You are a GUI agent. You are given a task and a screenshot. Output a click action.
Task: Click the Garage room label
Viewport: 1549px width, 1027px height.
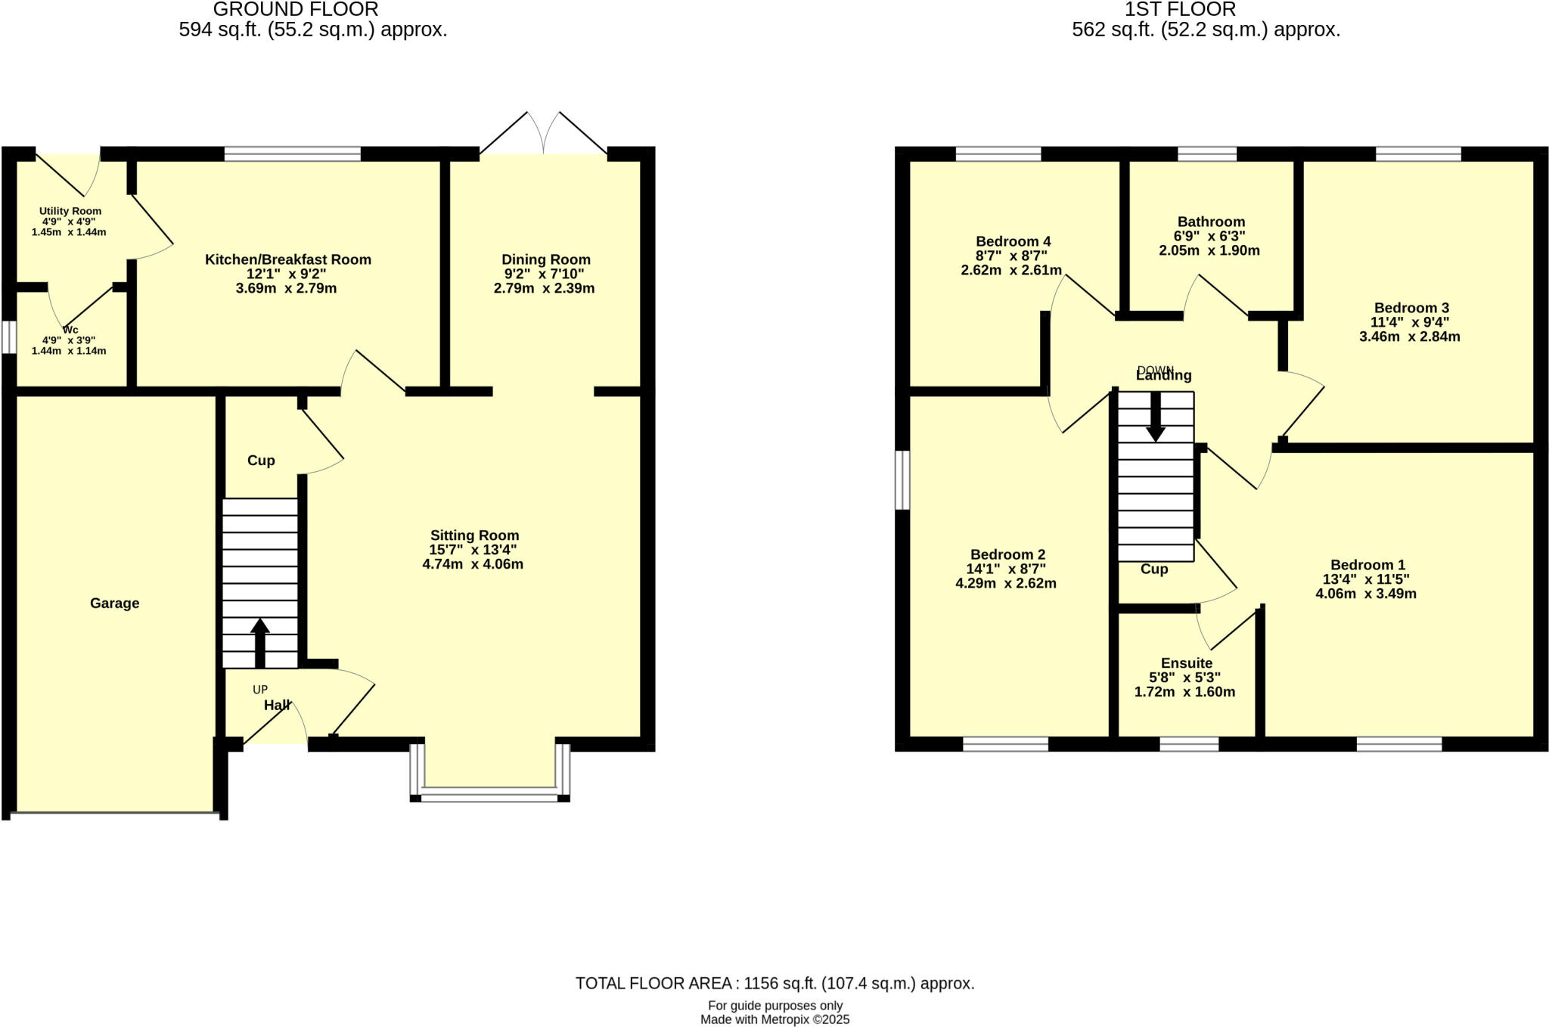114,603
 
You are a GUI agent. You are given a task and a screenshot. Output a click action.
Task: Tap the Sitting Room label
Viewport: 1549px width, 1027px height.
474,535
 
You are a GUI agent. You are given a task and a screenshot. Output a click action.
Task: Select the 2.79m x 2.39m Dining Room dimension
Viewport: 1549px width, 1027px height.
544,288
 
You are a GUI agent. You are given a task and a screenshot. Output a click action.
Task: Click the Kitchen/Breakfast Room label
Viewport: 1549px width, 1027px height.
287,259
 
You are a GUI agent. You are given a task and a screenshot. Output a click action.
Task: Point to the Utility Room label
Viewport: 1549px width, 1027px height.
70,211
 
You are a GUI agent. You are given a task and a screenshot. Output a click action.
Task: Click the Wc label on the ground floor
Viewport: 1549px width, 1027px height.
70,330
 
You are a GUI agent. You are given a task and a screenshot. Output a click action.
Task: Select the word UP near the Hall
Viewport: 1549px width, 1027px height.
259,690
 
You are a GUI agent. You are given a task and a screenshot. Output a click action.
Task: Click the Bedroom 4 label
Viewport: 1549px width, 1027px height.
1013,241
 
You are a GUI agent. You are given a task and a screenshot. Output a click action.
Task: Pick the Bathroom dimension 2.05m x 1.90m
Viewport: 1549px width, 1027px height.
1209,250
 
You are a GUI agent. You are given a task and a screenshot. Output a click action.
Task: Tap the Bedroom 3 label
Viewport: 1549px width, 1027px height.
1411,308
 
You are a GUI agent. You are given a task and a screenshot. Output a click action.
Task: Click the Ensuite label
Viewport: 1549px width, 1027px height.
1186,663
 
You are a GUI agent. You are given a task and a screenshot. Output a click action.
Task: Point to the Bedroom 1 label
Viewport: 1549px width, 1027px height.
1367,565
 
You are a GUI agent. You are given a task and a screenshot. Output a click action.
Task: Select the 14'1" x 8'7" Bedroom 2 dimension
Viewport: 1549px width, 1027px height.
1005,569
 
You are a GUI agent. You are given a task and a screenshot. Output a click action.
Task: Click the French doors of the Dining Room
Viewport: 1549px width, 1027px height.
544,136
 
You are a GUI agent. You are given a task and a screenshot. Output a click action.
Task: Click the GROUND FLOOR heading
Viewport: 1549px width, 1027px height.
296,10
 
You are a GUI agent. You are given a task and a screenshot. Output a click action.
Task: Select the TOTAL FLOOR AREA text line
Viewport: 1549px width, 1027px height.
774,983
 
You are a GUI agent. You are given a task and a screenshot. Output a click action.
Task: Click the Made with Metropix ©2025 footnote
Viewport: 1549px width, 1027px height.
774,1019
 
